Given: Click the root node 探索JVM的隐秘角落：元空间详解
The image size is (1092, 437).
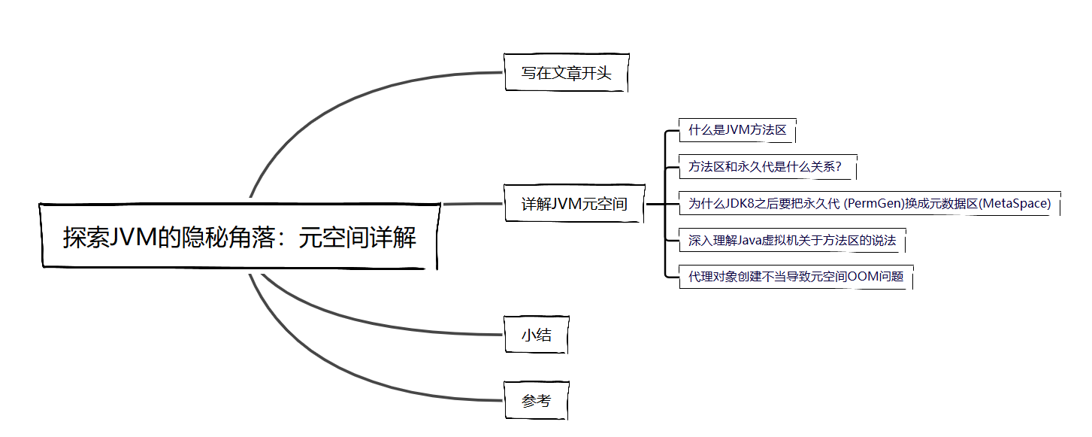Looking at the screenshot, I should [x=239, y=237].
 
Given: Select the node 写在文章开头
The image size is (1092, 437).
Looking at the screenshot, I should [x=566, y=73].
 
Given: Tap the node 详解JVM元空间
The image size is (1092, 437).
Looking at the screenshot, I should [x=573, y=204].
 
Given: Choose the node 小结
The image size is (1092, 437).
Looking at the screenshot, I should [x=536, y=335].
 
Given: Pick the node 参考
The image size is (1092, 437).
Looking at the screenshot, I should [x=536, y=401].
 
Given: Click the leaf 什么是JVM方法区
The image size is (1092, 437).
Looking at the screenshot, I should [x=737, y=130].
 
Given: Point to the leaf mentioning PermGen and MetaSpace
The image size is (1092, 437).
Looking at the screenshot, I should [x=869, y=204].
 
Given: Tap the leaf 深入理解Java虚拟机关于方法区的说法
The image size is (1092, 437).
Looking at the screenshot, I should [x=792, y=241].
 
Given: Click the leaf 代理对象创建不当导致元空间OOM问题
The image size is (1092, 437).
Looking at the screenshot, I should [x=795, y=277].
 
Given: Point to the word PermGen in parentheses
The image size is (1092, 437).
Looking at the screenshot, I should [x=874, y=204].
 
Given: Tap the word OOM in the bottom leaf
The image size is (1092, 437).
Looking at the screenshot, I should [x=861, y=277].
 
